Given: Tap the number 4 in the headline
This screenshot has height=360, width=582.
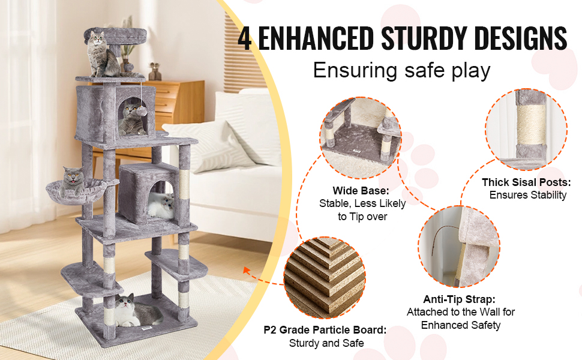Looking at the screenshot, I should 245,39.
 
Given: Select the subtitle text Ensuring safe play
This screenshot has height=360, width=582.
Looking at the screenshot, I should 401,71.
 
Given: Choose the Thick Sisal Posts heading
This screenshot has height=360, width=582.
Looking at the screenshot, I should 526,182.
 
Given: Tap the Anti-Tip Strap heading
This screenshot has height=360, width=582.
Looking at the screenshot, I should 460,299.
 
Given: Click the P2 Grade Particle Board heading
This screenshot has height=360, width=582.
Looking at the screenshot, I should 325,330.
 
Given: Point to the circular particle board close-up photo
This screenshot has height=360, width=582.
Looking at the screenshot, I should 324,278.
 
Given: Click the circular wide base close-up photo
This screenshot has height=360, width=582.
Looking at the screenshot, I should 361,139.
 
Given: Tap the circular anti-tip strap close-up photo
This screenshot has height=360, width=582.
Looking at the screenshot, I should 459,246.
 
